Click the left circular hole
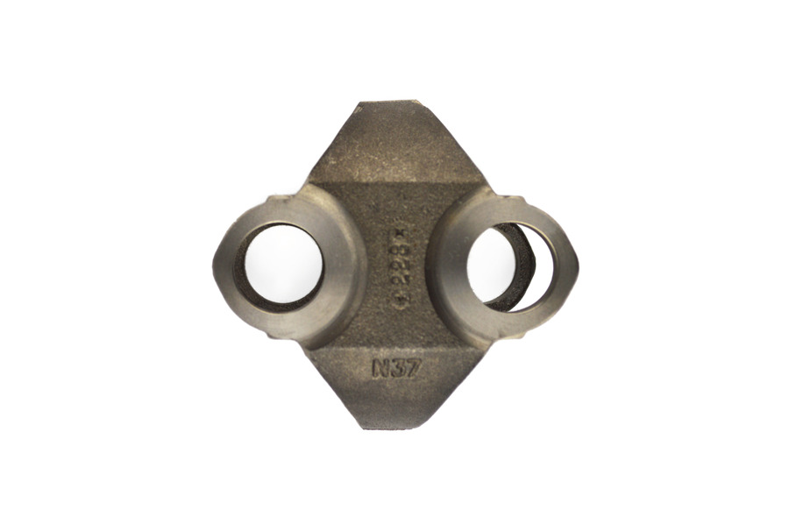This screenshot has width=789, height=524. pyautogui.click(x=282, y=265)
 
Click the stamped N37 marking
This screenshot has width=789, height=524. pyautogui.click(x=397, y=368)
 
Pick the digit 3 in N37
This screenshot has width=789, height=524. pyautogui.click(x=398, y=368)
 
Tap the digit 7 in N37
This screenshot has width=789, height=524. pyautogui.click(x=413, y=368)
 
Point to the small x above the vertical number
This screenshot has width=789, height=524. pyautogui.click(x=400, y=231)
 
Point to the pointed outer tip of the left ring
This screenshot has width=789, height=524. pyautogui.click(x=215, y=263)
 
